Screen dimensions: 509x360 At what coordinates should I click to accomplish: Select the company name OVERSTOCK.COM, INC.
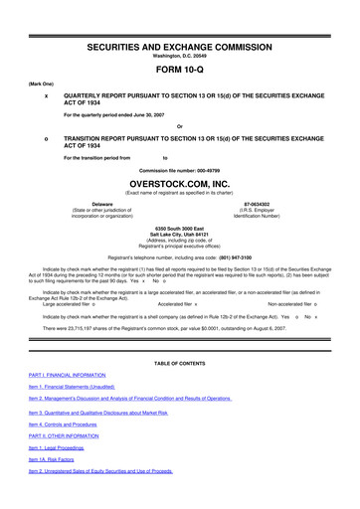[x=180, y=184]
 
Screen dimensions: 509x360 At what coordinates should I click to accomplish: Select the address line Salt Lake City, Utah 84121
[x=180, y=235]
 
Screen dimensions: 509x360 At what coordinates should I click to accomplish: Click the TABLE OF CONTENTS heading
[x=180, y=393]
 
